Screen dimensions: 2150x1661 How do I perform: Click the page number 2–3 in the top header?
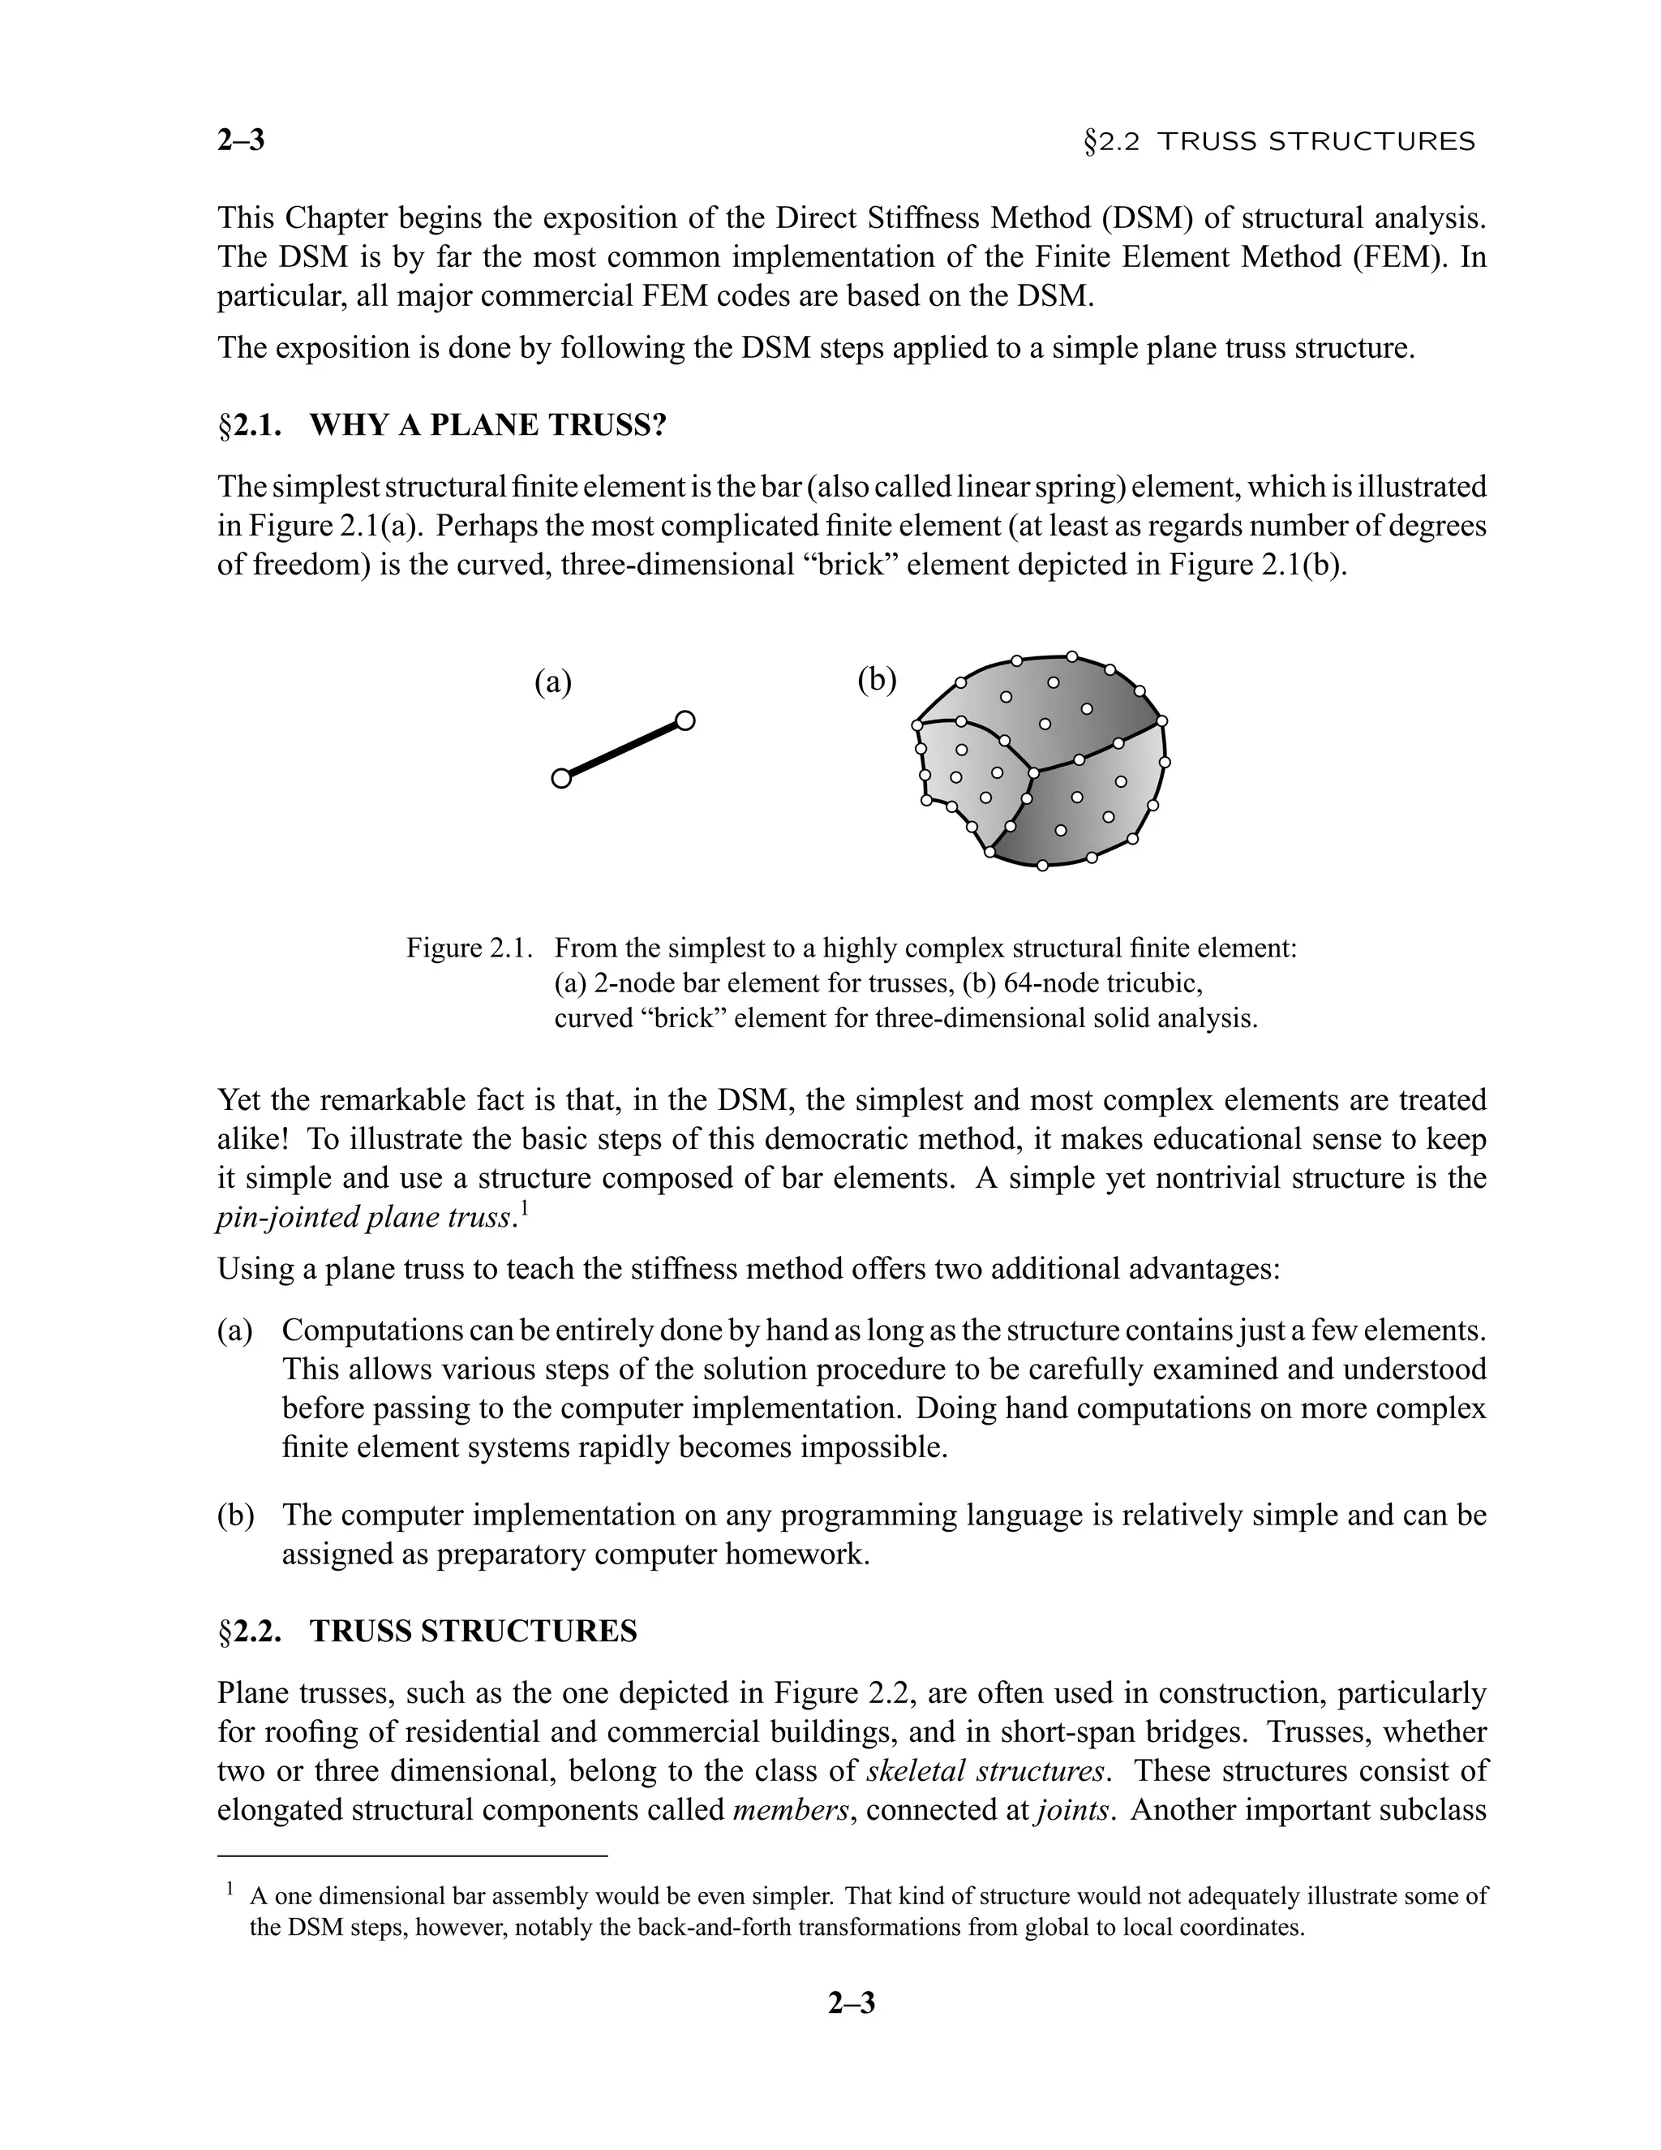click(x=241, y=141)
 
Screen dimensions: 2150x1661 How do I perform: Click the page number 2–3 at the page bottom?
click(x=851, y=2002)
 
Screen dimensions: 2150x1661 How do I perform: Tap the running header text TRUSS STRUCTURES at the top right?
click(x=1315, y=143)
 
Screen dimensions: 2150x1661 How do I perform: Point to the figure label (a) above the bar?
click(x=552, y=682)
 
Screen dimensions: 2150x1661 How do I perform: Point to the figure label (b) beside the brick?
click(x=877, y=679)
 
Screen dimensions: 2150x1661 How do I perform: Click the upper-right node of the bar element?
click(x=685, y=720)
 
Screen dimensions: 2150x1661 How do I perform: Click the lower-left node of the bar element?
click(x=561, y=779)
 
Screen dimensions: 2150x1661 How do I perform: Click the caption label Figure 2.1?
click(x=470, y=949)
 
